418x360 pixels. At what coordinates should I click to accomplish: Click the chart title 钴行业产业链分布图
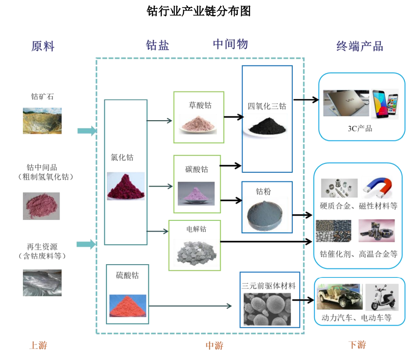click(x=199, y=11)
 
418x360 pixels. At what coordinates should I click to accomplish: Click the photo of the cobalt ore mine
click(x=42, y=121)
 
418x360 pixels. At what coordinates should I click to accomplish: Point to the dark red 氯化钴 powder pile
click(x=126, y=186)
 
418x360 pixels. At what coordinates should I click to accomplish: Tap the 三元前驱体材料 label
click(x=268, y=286)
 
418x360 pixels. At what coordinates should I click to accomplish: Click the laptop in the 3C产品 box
click(x=346, y=103)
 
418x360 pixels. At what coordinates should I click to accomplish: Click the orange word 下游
click(x=357, y=345)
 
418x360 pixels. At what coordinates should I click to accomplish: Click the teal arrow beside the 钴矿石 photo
click(x=87, y=130)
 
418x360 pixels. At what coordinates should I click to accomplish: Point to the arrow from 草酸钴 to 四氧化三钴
click(x=233, y=117)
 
